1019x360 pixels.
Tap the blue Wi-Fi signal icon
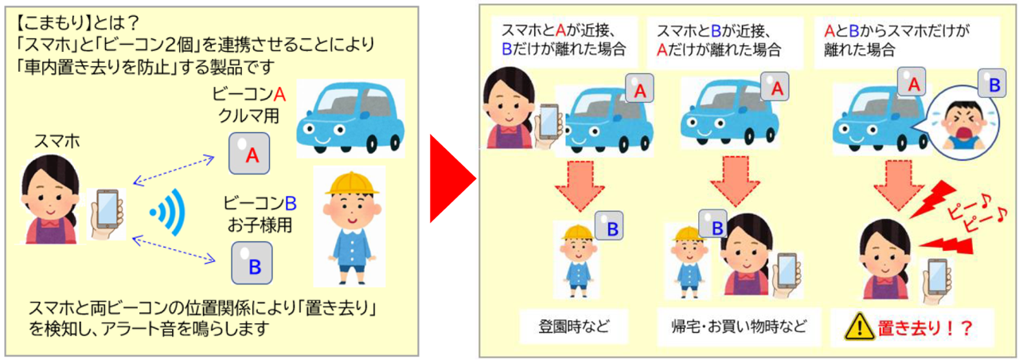click(169, 213)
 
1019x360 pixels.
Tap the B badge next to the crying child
click(994, 84)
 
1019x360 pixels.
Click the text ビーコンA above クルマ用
click(249, 94)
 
